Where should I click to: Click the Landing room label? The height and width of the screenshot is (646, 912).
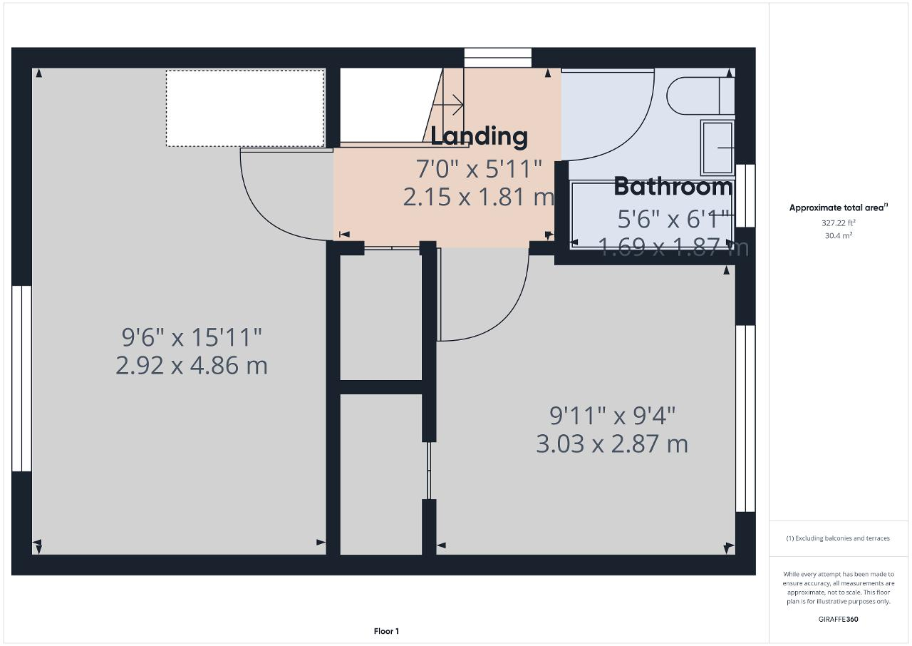479,136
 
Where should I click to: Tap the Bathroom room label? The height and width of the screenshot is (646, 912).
673,187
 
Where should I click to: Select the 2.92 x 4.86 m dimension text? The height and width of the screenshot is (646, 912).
192,365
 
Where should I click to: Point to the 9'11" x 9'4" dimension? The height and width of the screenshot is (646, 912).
612,416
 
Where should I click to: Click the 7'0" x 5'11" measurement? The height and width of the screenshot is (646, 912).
479,169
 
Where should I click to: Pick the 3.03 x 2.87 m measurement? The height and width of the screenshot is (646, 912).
612,444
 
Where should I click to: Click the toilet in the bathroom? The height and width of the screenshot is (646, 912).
700,96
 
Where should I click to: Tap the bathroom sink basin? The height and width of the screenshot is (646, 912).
717,148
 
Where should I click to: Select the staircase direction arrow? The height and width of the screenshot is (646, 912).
448,105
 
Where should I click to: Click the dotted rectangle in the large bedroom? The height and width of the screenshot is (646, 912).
245,108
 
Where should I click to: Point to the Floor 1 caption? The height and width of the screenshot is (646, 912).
386,631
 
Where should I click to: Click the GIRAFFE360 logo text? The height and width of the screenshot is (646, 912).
839,619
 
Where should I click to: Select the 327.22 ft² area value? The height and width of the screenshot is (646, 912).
839,222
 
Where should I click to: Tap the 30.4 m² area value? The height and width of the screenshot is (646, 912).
839,235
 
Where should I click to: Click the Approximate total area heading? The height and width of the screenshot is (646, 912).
839,207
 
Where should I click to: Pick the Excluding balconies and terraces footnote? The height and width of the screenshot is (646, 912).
838,538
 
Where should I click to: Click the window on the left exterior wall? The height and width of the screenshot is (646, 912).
21,379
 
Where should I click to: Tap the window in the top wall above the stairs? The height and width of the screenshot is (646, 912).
498,58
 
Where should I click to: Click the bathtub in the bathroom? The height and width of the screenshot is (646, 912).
652,215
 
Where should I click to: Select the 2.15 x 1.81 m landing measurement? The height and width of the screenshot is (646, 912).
479,197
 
